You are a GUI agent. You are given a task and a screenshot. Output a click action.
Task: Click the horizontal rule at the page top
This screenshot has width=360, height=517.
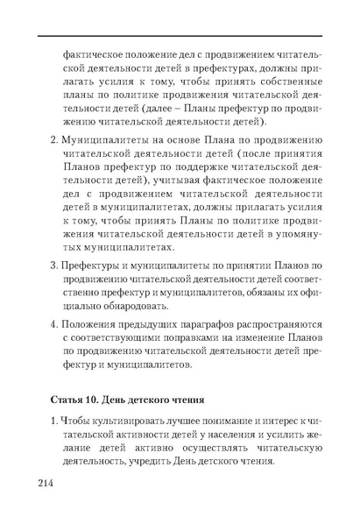click(180, 35)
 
